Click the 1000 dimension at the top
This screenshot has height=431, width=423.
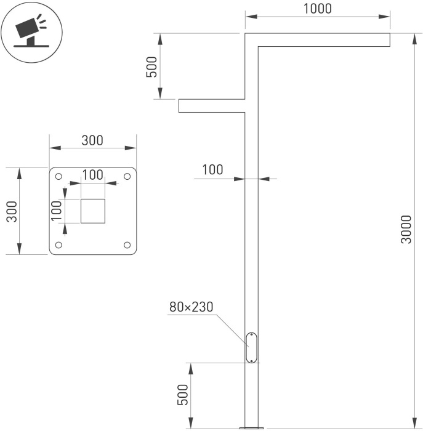pos(317,9)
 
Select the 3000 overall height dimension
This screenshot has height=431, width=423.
pos(406,230)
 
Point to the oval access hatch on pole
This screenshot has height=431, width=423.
pos(252,347)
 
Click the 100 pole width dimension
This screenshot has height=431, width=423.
pos(212,170)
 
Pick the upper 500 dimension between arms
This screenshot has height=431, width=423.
pos(151,66)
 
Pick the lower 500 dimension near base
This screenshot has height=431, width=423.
pos(183,395)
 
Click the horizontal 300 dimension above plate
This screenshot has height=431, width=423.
pos(92,140)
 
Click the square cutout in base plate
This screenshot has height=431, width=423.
pos(93,211)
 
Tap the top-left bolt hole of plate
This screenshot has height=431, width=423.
pos(58,177)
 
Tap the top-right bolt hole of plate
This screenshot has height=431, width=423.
pos(127,177)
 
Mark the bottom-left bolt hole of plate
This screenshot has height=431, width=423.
pos(58,245)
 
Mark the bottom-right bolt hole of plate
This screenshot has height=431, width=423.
pos(127,245)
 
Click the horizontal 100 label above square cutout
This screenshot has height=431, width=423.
pos(93,174)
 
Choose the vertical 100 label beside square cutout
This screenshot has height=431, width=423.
pos(56,211)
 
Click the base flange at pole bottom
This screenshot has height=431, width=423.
pos(252,427)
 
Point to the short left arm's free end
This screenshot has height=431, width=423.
pos(180,106)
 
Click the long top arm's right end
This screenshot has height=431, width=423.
pos(389,39)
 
